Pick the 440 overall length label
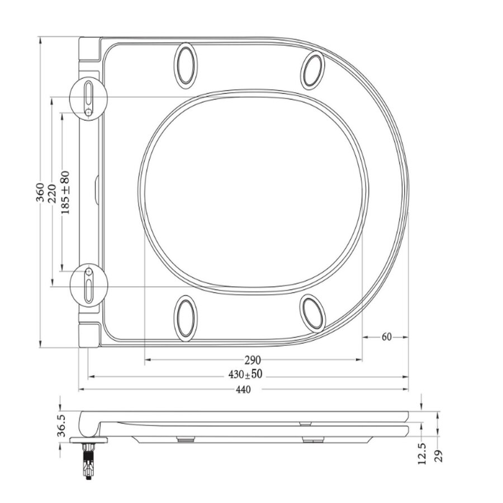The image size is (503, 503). coord(243,390)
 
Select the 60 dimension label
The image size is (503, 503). coord(386,337)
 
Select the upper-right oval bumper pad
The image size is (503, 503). coord(312,69)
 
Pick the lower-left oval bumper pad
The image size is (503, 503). coord(184,317)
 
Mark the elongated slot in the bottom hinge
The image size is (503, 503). coord(88,291)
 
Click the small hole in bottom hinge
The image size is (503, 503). coord(88,272)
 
